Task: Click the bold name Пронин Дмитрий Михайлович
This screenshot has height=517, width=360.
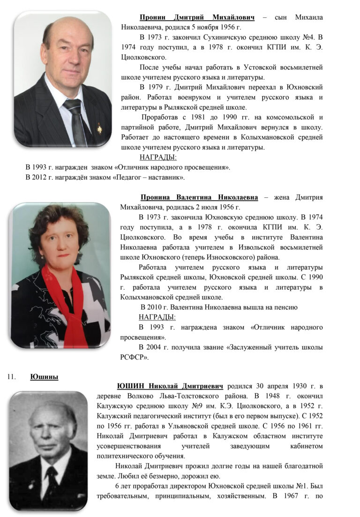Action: coord(197,17)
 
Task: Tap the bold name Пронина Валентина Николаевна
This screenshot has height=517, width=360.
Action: coord(199,197)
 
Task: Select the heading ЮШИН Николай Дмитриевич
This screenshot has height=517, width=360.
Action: coord(171,386)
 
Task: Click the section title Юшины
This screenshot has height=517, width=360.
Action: coord(44,376)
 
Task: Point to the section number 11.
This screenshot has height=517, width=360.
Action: coord(12,376)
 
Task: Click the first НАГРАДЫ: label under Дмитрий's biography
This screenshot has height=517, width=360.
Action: coord(158,157)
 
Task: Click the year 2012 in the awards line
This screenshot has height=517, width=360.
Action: coord(40,177)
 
